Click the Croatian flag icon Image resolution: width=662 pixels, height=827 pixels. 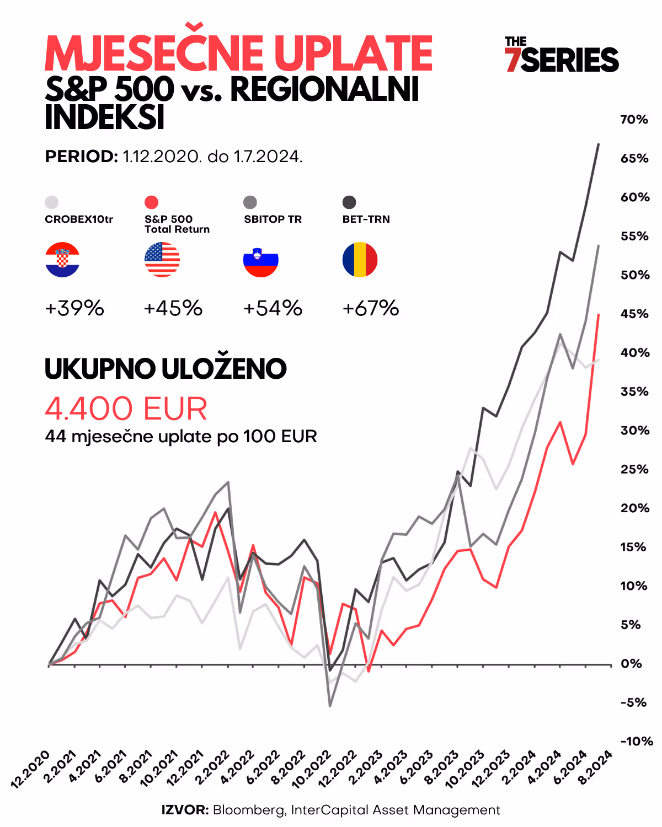click(62, 260)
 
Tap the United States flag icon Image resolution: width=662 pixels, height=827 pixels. click(162, 260)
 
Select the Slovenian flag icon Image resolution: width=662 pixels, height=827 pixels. click(261, 260)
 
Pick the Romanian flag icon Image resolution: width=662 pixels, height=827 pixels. click(360, 260)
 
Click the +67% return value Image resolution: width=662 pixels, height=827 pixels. click(371, 308)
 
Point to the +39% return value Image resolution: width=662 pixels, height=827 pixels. click(74, 308)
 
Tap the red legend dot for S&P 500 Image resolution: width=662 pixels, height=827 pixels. click(151, 202)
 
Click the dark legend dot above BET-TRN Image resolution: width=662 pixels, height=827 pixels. click(349, 202)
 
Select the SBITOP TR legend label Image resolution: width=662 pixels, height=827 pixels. click(273, 219)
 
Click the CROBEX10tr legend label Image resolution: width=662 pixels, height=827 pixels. click(79, 219)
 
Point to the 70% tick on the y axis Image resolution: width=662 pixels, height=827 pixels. click(634, 120)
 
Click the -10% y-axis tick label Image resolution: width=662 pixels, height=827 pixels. click(636, 742)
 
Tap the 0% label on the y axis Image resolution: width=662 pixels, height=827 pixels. click(631, 664)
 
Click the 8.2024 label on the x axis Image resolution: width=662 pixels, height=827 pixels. click(595, 767)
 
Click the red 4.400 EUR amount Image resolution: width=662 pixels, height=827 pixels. click(126, 409)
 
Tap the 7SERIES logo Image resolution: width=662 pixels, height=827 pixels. click(561, 55)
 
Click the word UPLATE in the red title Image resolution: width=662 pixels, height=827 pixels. click(353, 53)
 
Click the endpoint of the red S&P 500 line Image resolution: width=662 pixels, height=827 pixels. click(599, 315)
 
